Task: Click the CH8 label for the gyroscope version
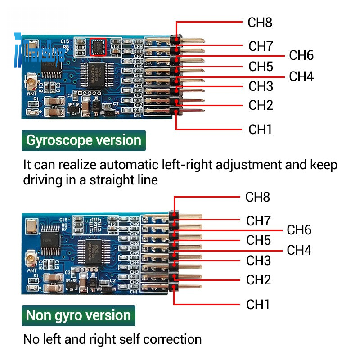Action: click(260, 22)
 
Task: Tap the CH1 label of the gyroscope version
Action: click(260, 130)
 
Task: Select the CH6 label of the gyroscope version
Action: click(301, 56)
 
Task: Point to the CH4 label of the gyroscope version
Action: click(301, 76)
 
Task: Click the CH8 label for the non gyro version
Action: click(257, 197)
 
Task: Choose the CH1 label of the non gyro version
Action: click(258, 305)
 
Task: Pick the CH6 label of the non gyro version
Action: click(299, 230)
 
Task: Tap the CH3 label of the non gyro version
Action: click(258, 261)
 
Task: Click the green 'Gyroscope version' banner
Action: click(84, 140)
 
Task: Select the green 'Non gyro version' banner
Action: click(78, 315)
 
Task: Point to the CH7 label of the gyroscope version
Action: click(261, 46)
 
